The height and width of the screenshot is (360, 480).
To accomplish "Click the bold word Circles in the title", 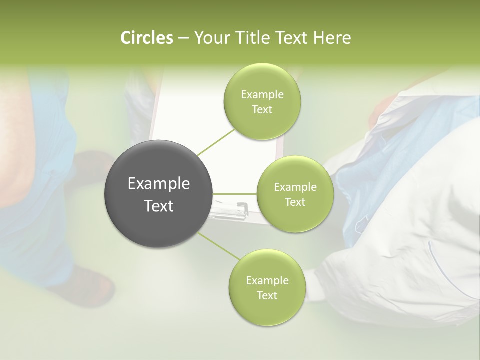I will (x=146, y=38).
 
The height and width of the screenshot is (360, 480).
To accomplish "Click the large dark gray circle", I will (x=159, y=194).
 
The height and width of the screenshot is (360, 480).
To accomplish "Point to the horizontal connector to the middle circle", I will (x=235, y=194).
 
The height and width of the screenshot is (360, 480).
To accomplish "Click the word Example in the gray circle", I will (x=159, y=184).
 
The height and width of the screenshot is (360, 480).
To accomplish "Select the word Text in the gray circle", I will (x=159, y=205).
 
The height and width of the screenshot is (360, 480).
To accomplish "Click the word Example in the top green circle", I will (x=262, y=95).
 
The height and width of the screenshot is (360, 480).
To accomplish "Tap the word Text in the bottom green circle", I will (x=267, y=295).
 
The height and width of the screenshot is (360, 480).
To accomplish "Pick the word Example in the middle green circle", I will (x=295, y=187).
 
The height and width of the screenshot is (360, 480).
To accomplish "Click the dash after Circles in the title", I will (x=183, y=38).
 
